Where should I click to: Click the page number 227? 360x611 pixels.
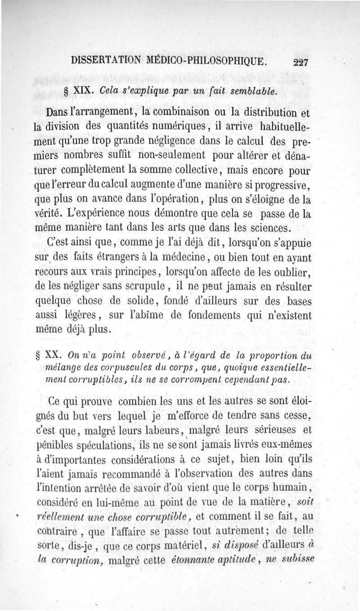(299, 62)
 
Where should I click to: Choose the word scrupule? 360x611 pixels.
(141, 286)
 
